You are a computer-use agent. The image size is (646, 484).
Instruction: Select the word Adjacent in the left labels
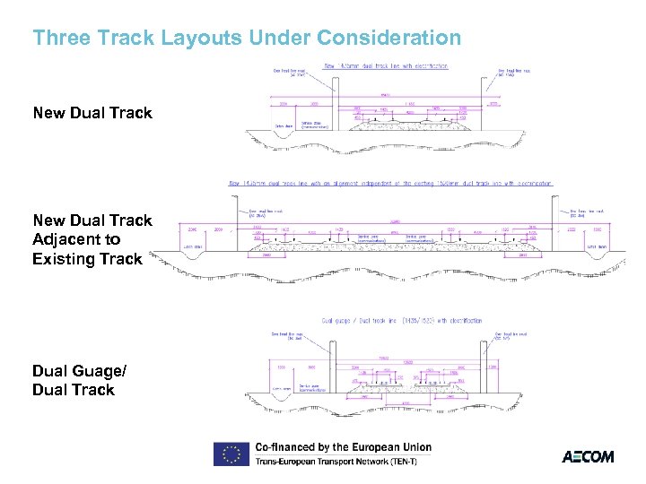(65, 239)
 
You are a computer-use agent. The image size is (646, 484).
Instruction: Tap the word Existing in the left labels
(62, 259)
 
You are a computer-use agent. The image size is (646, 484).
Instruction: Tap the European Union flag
(231, 454)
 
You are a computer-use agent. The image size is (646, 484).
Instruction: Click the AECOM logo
(588, 456)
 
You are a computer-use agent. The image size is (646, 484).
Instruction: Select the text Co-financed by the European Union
(343, 446)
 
